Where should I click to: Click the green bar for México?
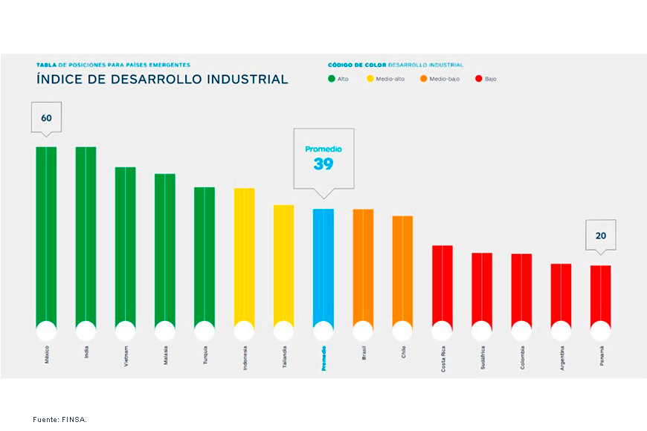46,234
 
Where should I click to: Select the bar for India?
86,234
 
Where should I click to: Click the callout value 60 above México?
46,118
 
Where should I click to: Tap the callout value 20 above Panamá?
600,236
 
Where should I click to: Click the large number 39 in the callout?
323,164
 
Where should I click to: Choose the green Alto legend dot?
332,79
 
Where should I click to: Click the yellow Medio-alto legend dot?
370,79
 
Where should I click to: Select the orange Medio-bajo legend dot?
423,79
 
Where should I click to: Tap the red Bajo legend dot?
477,79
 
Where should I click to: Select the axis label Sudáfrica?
482,357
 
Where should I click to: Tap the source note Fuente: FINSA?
59,420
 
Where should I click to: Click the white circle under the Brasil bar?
363,331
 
